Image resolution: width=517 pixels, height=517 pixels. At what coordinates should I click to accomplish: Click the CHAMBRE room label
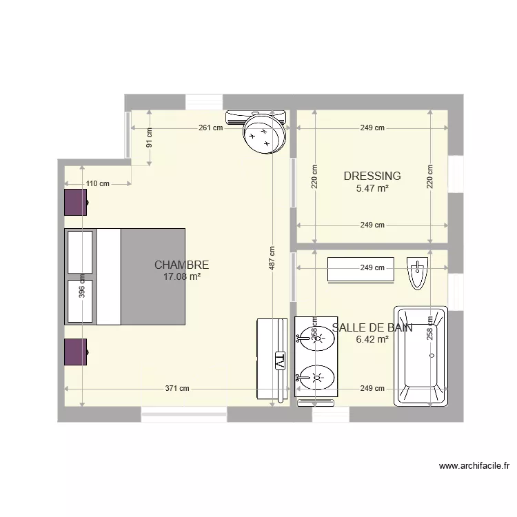181,265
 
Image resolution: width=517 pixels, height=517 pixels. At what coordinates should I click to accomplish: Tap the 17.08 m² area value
181,276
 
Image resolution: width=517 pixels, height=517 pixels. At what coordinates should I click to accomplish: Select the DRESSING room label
372,176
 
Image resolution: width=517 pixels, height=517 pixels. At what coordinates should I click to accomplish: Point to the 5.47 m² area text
372,187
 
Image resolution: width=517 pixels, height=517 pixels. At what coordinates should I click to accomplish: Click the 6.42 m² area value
372,339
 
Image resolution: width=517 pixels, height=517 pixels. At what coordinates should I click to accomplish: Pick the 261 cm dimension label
211,128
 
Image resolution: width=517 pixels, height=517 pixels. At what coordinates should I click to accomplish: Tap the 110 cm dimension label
98,183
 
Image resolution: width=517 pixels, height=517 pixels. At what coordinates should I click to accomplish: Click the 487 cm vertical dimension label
272,258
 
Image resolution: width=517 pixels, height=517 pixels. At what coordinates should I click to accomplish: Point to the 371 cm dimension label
177,388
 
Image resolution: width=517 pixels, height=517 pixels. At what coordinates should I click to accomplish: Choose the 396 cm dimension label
82,286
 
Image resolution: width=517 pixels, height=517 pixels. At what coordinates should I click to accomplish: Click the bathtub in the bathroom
420,356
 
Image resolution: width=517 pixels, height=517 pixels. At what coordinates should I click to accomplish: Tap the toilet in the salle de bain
417,273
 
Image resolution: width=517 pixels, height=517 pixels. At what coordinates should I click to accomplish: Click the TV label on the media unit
280,360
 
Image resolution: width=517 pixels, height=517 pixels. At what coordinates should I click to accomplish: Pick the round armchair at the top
265,134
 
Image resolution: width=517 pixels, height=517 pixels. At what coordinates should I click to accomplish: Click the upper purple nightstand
76,203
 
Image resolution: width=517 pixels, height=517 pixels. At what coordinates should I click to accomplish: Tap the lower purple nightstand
76,352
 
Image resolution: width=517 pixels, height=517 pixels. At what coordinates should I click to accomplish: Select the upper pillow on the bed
80,252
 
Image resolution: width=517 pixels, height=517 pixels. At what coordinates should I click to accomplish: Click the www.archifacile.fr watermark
474,466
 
